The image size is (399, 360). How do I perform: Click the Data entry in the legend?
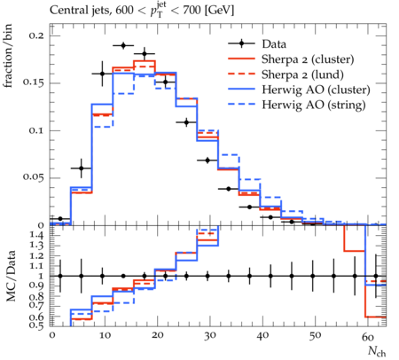[274, 44]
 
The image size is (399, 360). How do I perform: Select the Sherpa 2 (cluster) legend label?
[308, 59]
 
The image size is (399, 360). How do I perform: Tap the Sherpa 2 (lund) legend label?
[302, 74]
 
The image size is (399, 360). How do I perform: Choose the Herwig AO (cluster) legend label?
[316, 90]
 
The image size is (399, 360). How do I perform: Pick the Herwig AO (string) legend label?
[314, 106]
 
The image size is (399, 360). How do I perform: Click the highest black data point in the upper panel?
[123, 45]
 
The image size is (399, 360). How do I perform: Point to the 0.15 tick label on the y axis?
[33, 82]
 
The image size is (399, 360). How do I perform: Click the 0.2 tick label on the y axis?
[36, 35]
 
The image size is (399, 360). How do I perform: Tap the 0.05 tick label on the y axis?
[33, 177]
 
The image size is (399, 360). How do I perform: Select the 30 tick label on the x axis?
[209, 336]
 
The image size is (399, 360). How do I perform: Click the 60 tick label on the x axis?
[368, 337]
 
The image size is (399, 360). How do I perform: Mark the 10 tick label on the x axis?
[105, 336]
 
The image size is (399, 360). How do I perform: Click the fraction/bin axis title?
[8, 56]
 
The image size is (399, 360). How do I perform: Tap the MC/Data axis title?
[11, 276]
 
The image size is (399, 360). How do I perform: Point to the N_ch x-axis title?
[377, 351]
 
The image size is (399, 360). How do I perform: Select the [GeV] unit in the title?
[220, 11]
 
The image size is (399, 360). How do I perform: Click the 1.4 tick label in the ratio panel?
[36, 236]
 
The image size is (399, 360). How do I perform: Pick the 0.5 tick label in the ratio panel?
[36, 325]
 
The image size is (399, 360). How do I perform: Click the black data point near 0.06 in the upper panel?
[82, 168]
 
